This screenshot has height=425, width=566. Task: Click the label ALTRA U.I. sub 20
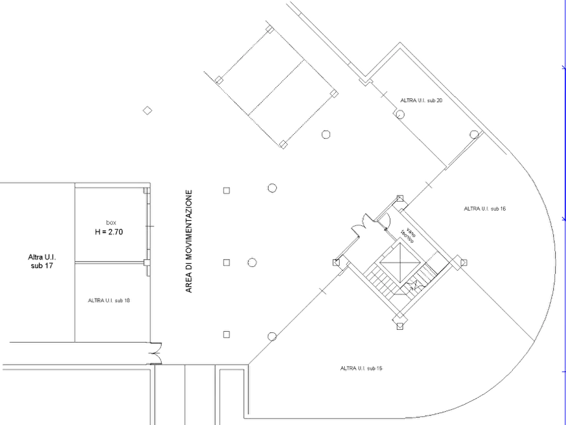[x=421, y=100]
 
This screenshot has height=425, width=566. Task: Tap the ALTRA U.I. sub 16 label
[x=485, y=209]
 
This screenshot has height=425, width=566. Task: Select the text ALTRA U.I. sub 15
[x=361, y=369]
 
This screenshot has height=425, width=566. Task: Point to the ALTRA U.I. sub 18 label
[x=109, y=300]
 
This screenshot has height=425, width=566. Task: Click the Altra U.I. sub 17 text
[x=42, y=261]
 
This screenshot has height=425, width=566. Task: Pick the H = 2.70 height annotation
[x=109, y=232]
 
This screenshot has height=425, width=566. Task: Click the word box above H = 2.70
[x=111, y=223]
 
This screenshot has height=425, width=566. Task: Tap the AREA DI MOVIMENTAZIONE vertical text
[x=189, y=241]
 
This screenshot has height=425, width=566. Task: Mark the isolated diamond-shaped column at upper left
[x=147, y=110]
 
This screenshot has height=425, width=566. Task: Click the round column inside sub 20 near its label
[x=400, y=115]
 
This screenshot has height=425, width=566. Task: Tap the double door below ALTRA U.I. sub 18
[x=158, y=353]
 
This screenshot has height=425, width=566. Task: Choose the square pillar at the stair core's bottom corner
[x=400, y=326]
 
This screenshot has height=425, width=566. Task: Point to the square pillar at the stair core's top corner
[x=400, y=199]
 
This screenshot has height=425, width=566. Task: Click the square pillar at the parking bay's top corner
[x=269, y=29]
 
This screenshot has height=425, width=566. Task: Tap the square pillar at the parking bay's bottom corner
[x=283, y=145]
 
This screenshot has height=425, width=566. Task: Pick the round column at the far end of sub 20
[x=474, y=135]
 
